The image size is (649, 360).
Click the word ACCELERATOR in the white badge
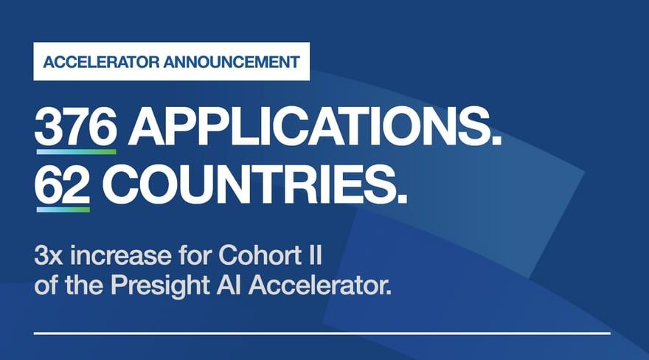click(101, 62)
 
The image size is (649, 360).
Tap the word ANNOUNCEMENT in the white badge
click(232, 62)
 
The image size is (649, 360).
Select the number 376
click(76, 126)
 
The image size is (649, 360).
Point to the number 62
click(63, 184)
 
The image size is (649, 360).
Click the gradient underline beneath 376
click(76, 152)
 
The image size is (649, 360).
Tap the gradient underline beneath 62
click(63, 210)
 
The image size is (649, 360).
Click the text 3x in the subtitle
click(49, 256)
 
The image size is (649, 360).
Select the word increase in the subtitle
click(120, 256)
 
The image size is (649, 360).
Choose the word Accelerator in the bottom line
click(316, 285)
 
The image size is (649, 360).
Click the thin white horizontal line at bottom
click(322, 333)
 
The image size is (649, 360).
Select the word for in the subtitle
click(195, 255)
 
